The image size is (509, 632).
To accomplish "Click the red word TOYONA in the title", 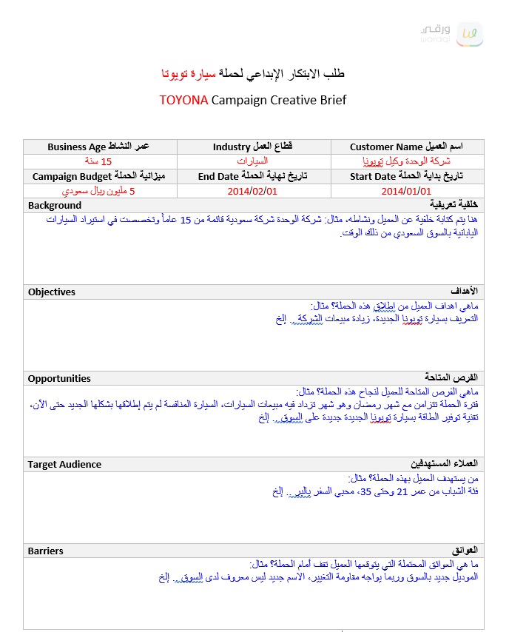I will [x=183, y=100].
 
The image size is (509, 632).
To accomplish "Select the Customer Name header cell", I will [x=407, y=147].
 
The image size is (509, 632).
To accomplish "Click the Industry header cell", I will [x=253, y=147].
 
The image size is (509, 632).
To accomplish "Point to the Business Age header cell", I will [x=99, y=147].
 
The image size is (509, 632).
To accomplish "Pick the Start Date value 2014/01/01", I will [x=406, y=191].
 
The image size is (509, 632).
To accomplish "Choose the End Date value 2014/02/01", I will [x=253, y=191].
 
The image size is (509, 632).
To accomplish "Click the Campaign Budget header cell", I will [x=99, y=176].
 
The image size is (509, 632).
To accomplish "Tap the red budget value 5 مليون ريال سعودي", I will [x=99, y=191].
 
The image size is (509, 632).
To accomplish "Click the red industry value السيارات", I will [x=253, y=161].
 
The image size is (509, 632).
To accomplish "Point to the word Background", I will [x=55, y=205].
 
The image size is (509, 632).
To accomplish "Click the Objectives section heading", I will [x=52, y=292].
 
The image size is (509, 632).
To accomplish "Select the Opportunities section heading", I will [x=59, y=378].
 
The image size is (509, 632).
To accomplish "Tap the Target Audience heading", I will [x=64, y=464].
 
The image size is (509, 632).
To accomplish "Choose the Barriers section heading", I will [x=46, y=551].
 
